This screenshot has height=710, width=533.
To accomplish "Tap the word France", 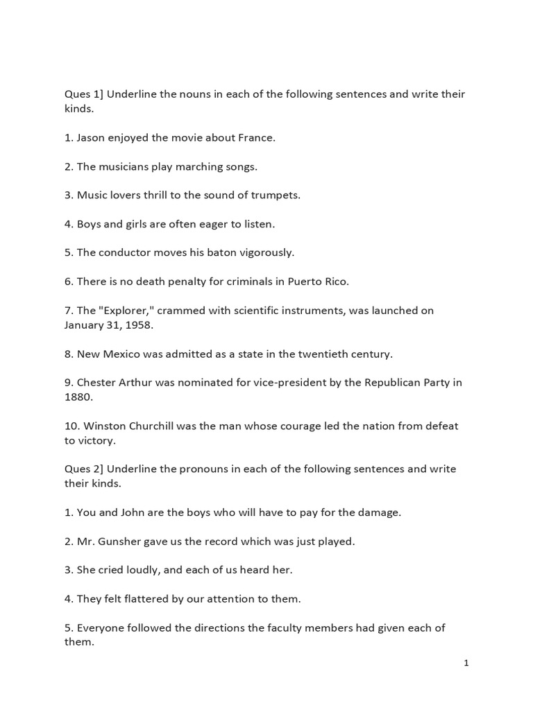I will coord(257,137).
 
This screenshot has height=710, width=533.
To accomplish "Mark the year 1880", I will coord(78,397).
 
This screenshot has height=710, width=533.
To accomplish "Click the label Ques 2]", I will coord(83,469).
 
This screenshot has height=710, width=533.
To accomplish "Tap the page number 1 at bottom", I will coord(466,663).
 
